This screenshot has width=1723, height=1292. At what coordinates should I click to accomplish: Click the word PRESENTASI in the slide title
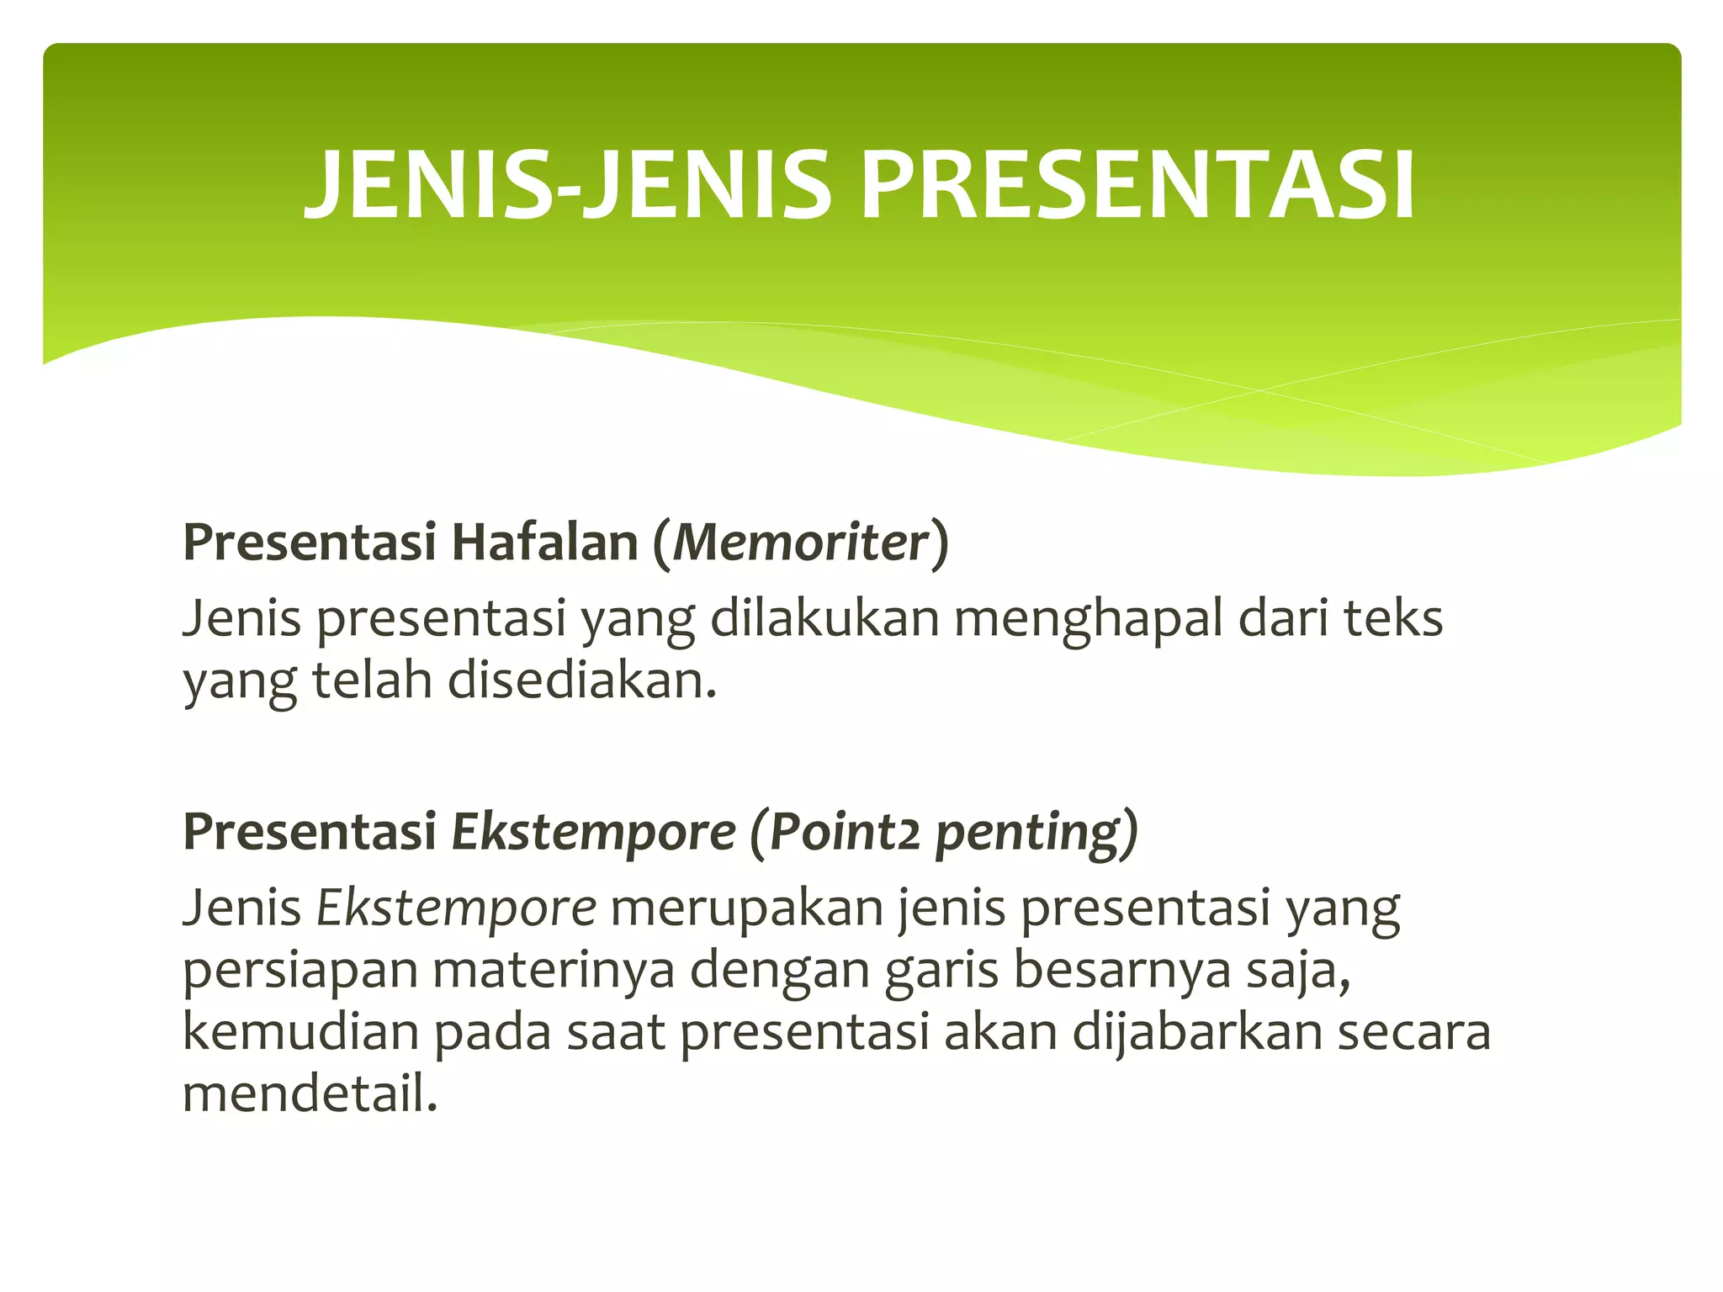(1138, 185)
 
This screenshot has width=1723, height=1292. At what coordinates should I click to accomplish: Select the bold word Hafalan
(545, 543)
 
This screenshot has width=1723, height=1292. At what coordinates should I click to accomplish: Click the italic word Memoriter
(800, 543)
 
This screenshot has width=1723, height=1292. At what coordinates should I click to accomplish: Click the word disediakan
(581, 680)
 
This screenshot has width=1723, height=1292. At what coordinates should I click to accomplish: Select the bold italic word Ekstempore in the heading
(594, 833)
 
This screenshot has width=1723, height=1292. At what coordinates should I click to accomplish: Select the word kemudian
(300, 1032)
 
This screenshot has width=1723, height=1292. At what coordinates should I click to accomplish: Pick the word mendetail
(310, 1094)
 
